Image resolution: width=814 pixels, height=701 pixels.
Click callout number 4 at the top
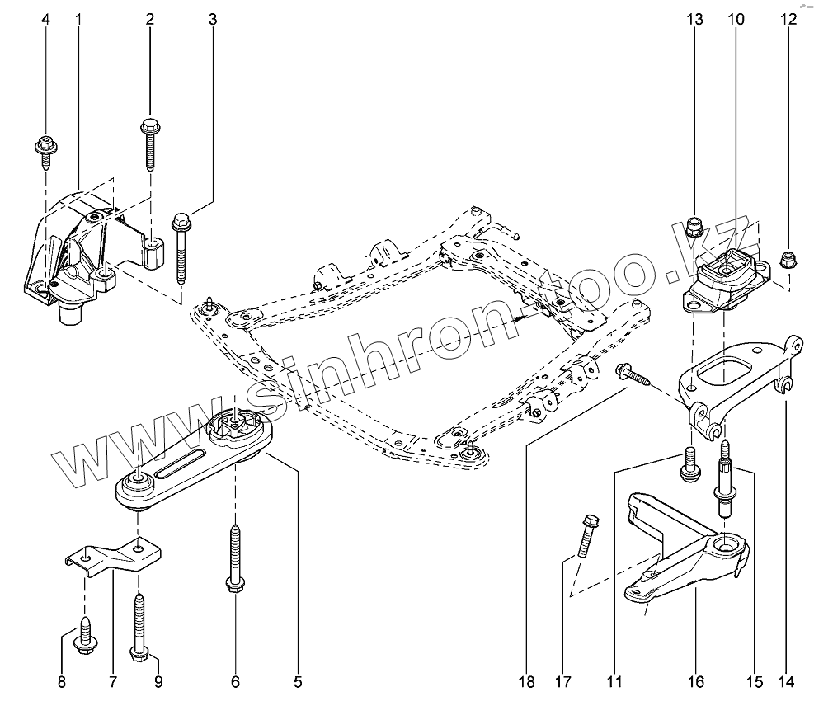(45, 18)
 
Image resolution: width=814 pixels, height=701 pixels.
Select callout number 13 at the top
(695, 18)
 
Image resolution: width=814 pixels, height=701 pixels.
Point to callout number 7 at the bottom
(112, 681)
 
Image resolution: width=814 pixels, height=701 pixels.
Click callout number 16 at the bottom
(695, 681)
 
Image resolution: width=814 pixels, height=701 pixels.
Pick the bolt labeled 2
(150, 143)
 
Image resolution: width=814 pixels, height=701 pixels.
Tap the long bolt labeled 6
(235, 561)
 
